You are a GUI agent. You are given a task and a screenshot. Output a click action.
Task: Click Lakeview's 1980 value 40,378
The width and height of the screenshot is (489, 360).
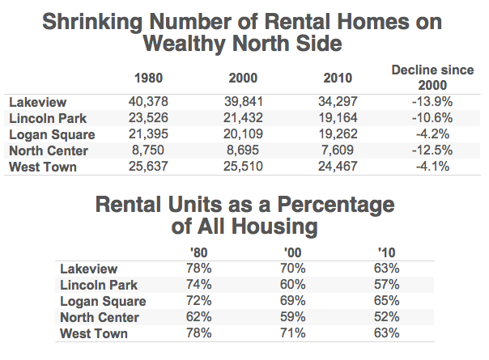point(148,101)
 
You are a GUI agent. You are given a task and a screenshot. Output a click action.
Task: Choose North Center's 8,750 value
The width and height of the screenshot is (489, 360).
point(148,150)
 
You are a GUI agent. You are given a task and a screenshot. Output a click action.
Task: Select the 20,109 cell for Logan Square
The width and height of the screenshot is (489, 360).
point(244,134)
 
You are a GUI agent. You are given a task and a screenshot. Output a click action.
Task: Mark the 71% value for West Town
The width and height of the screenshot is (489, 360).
point(292,333)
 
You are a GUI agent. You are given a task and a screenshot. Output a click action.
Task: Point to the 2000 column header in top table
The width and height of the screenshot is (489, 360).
point(244,78)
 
